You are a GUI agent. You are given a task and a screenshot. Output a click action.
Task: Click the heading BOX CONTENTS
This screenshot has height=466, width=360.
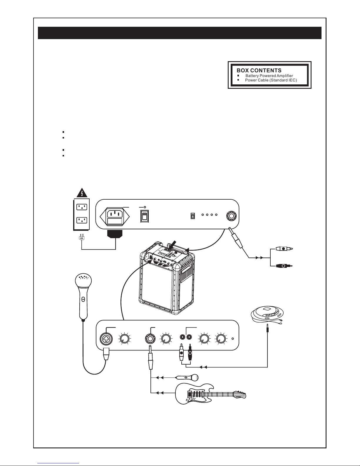click(259, 70)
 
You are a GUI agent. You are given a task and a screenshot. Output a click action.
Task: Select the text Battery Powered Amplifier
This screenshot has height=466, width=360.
click(269, 76)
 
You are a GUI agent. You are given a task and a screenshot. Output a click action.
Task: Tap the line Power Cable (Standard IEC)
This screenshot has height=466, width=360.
click(271, 80)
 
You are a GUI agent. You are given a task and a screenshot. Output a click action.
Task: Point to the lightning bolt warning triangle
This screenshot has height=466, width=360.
click(82, 193)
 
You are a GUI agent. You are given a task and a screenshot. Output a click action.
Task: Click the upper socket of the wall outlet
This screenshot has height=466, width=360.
click(82, 207)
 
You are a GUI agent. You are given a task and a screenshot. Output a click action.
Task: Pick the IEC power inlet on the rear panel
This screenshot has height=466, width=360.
click(115, 217)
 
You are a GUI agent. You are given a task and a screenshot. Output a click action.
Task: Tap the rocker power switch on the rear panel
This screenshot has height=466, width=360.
click(144, 216)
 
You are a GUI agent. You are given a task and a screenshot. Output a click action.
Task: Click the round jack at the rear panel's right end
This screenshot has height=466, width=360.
click(232, 216)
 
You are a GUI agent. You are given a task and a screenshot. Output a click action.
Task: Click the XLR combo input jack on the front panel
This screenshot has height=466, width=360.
click(106, 339)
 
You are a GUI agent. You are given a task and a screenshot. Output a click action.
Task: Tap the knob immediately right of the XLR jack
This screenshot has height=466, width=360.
click(124, 339)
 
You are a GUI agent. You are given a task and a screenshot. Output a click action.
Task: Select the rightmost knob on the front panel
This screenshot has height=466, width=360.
click(221, 339)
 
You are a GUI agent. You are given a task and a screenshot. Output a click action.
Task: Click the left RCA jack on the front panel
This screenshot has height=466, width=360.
click(183, 337)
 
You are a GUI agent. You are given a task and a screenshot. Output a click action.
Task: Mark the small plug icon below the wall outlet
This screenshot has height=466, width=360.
click(82, 237)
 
